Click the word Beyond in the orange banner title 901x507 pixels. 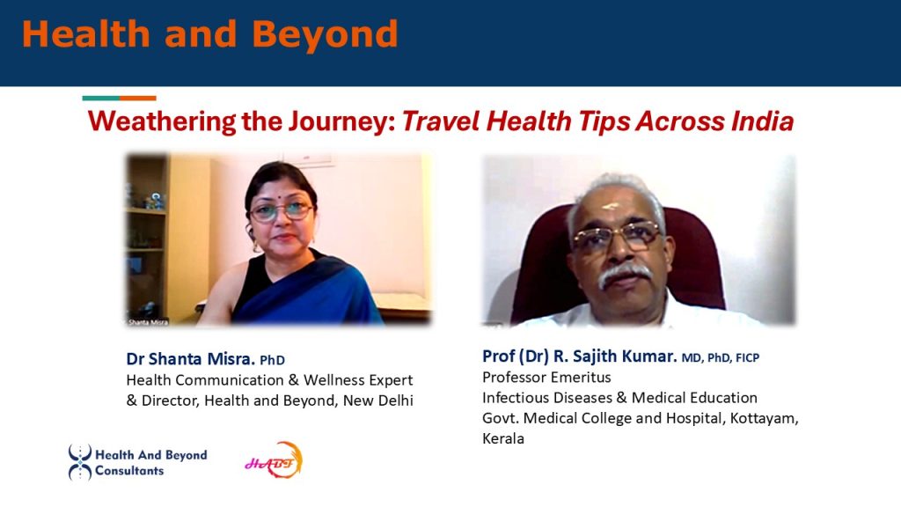325,35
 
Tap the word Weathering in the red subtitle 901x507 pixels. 162,121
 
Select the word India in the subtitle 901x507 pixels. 763,121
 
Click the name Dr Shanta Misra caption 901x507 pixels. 190,359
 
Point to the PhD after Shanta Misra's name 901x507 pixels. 273,360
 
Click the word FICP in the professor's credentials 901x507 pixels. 748,357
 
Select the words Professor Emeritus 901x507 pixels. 546,377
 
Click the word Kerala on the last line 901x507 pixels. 503,438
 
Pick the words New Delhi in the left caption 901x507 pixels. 378,400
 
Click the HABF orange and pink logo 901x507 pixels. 275,460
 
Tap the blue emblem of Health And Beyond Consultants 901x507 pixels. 80,462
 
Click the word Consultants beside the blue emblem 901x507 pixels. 129,471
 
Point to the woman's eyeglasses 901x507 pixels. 282,211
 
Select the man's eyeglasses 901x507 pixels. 618,236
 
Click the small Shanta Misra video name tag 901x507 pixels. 147,322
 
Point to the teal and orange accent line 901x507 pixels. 120,99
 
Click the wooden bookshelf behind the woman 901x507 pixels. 148,236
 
